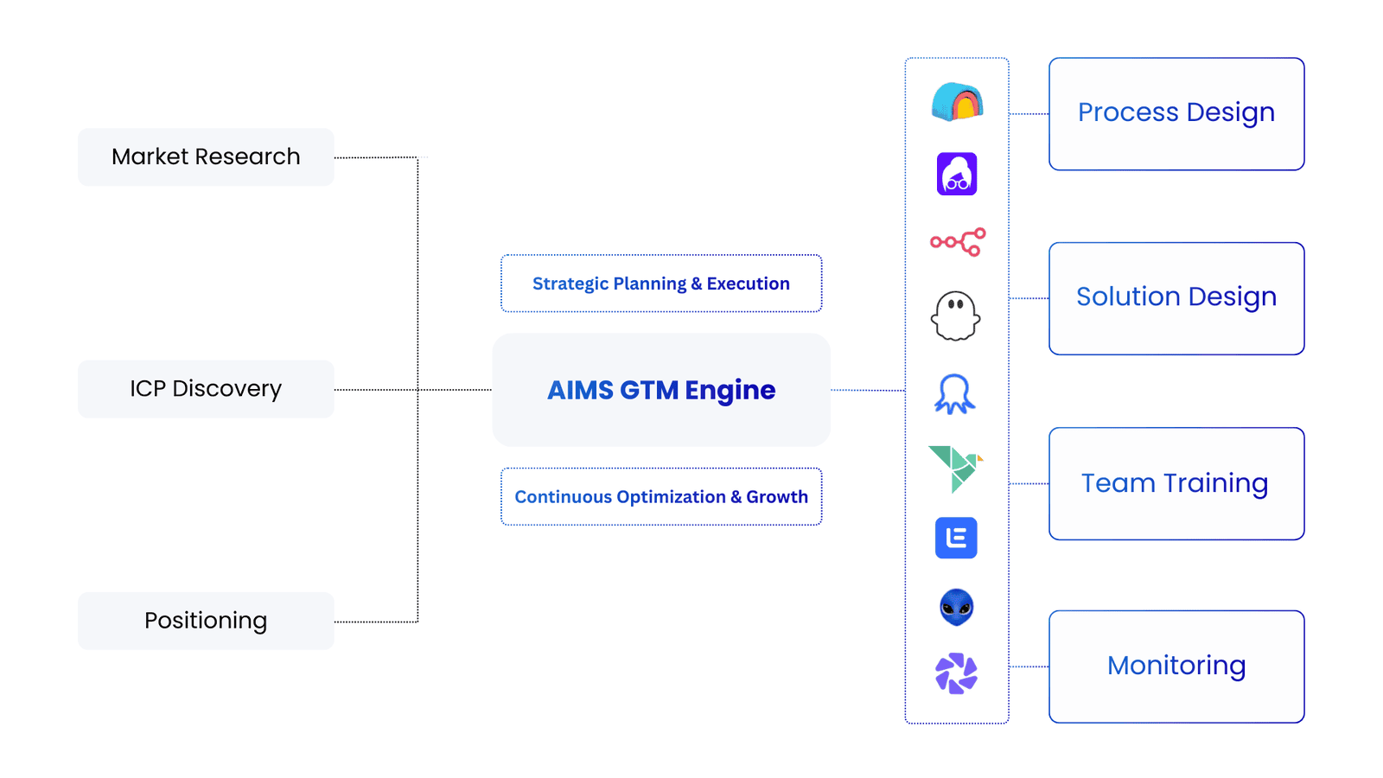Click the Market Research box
point(206,157)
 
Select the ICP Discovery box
point(206,389)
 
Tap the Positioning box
point(206,621)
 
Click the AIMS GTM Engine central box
point(661,390)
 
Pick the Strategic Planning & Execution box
point(661,284)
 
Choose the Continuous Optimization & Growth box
point(661,497)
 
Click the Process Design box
point(1176,114)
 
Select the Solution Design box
point(1176,298)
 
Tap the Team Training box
point(1176,484)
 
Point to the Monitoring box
point(1176,666)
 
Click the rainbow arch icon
point(957,102)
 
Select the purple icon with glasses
point(957,174)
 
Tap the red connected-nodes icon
point(957,242)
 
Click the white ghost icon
point(956,316)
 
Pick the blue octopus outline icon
point(955,394)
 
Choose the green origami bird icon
point(955,469)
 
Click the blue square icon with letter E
point(956,538)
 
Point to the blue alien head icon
point(956,607)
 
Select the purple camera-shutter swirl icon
point(956,673)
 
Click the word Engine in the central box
point(730,391)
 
